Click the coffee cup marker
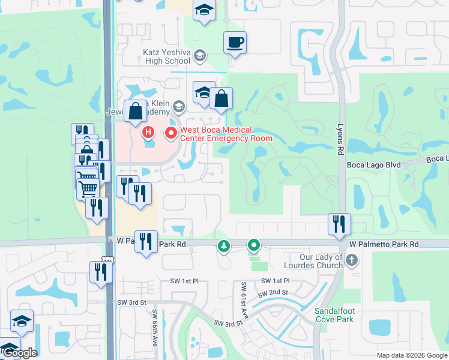pyautogui.click(x=235, y=43)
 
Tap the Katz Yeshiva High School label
pyautogui.click(x=166, y=56)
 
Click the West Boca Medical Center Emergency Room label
pyautogui.click(x=226, y=134)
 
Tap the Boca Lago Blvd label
pyautogui.click(x=373, y=163)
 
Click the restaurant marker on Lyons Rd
pyautogui.click(x=339, y=224)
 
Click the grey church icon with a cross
pyautogui.click(x=352, y=260)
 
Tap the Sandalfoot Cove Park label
pyautogui.click(x=334, y=314)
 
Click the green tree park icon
pyautogui.click(x=224, y=245)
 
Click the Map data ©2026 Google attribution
pyautogui.click(x=411, y=355)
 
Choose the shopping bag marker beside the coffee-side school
pyautogui.click(x=221, y=98)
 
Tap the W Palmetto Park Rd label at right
pyautogui.click(x=383, y=245)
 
